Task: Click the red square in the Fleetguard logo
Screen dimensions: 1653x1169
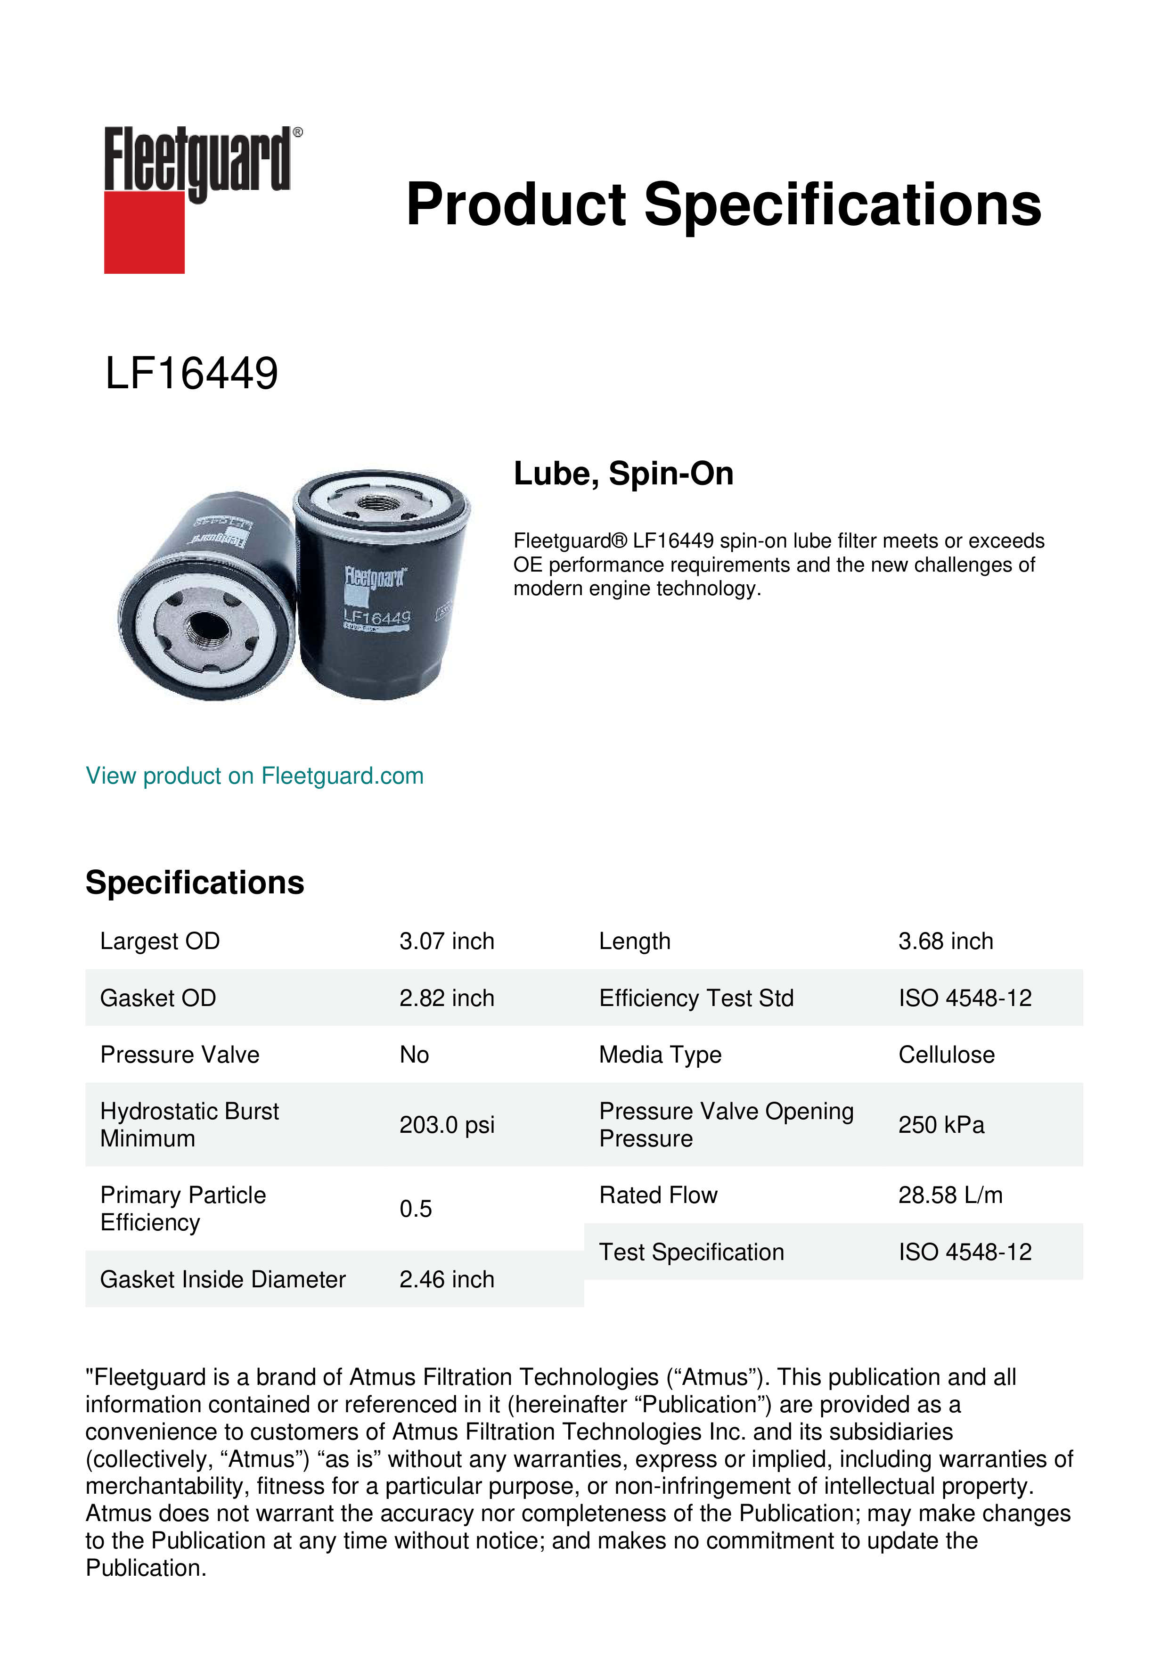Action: (x=144, y=232)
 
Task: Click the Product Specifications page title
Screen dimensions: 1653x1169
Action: (x=723, y=205)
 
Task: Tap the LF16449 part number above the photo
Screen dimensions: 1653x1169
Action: (x=191, y=374)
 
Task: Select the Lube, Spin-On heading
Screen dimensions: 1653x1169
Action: (x=623, y=474)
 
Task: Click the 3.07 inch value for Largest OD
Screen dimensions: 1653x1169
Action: (x=446, y=941)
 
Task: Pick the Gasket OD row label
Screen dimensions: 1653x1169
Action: (x=158, y=998)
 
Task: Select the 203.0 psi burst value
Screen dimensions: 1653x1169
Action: (x=446, y=1125)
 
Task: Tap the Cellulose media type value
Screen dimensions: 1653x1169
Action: (x=946, y=1055)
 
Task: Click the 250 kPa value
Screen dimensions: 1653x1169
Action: (x=941, y=1125)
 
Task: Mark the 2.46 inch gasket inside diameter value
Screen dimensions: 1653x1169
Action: (x=446, y=1279)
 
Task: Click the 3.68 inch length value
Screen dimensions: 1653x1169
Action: (x=945, y=941)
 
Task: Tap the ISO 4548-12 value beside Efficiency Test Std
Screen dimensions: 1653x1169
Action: (x=965, y=998)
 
